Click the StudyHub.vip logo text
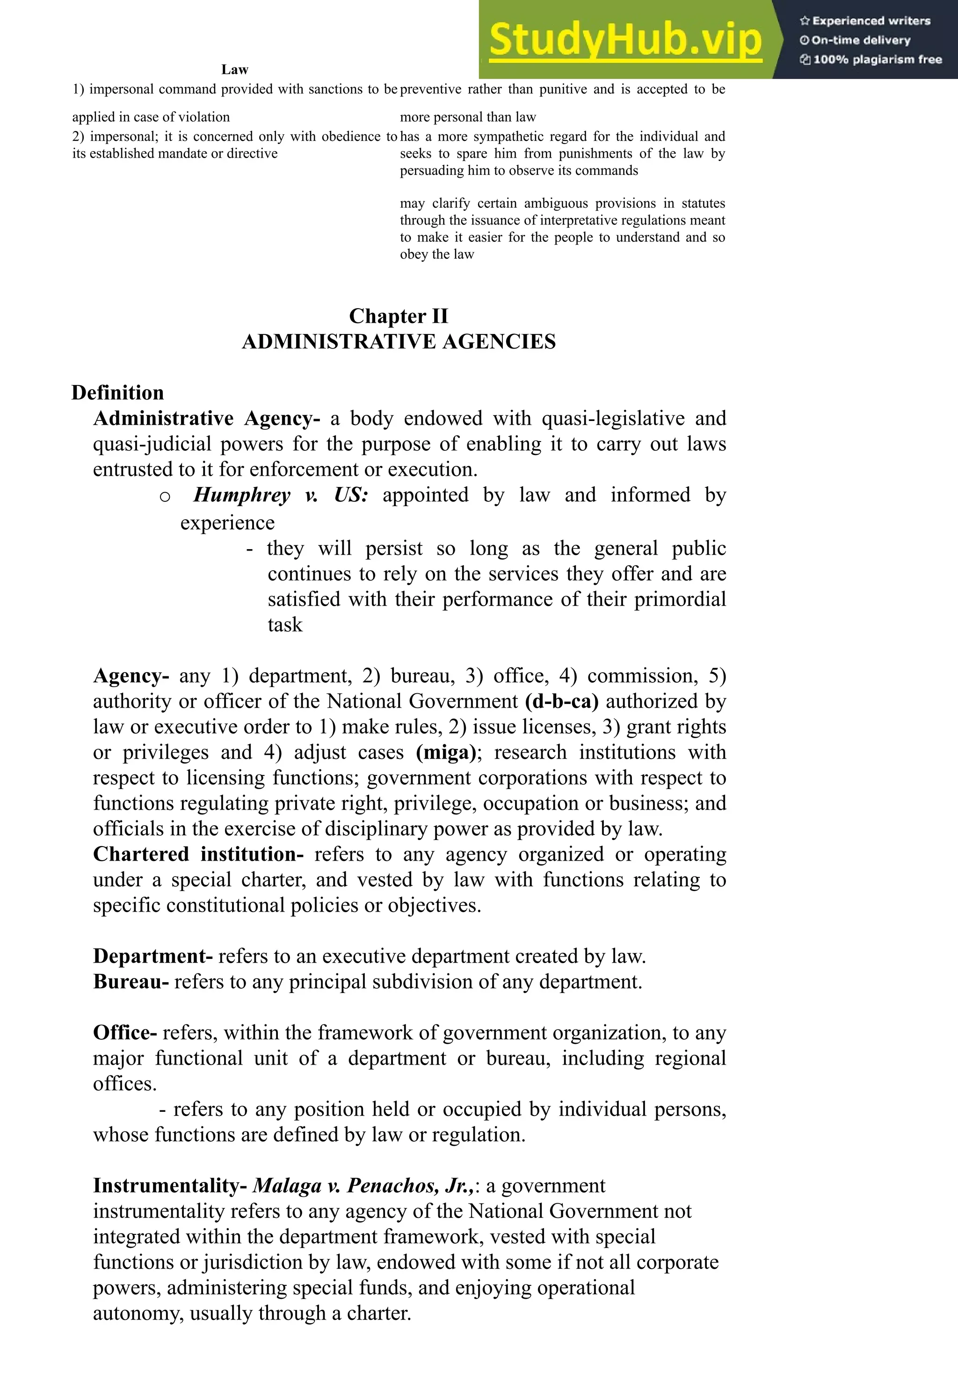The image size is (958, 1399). click(x=625, y=40)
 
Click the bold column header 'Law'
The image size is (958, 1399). click(x=235, y=70)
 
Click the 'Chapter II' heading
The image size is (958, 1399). click(x=399, y=316)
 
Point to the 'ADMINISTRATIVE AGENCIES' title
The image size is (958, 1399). click(x=399, y=342)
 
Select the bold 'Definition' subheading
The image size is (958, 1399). click(x=117, y=392)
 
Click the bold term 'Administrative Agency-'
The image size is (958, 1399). click(x=207, y=418)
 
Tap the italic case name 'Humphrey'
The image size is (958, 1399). click(x=242, y=495)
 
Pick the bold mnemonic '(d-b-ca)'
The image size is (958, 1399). click(x=562, y=701)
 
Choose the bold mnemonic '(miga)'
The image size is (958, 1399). click(x=446, y=753)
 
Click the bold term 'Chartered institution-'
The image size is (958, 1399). click(x=198, y=854)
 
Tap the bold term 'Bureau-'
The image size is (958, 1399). click(x=131, y=982)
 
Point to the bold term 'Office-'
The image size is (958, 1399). click(x=124, y=1033)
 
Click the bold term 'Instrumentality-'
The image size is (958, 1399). click(x=170, y=1186)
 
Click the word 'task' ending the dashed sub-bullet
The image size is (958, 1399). click(x=285, y=625)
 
